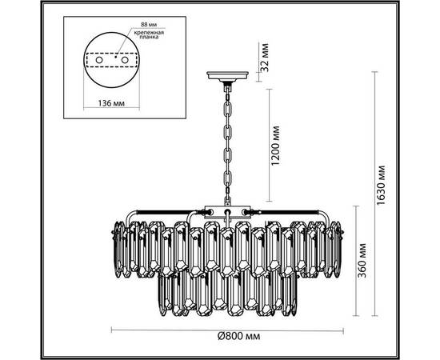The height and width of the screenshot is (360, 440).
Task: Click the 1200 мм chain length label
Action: [x=274, y=144]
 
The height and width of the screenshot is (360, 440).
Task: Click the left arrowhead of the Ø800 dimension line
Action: [x=111, y=330]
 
